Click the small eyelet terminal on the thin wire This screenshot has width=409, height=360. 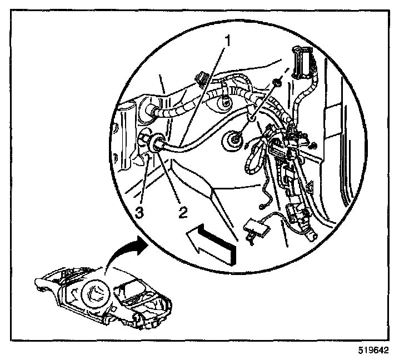tap(261, 205)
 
